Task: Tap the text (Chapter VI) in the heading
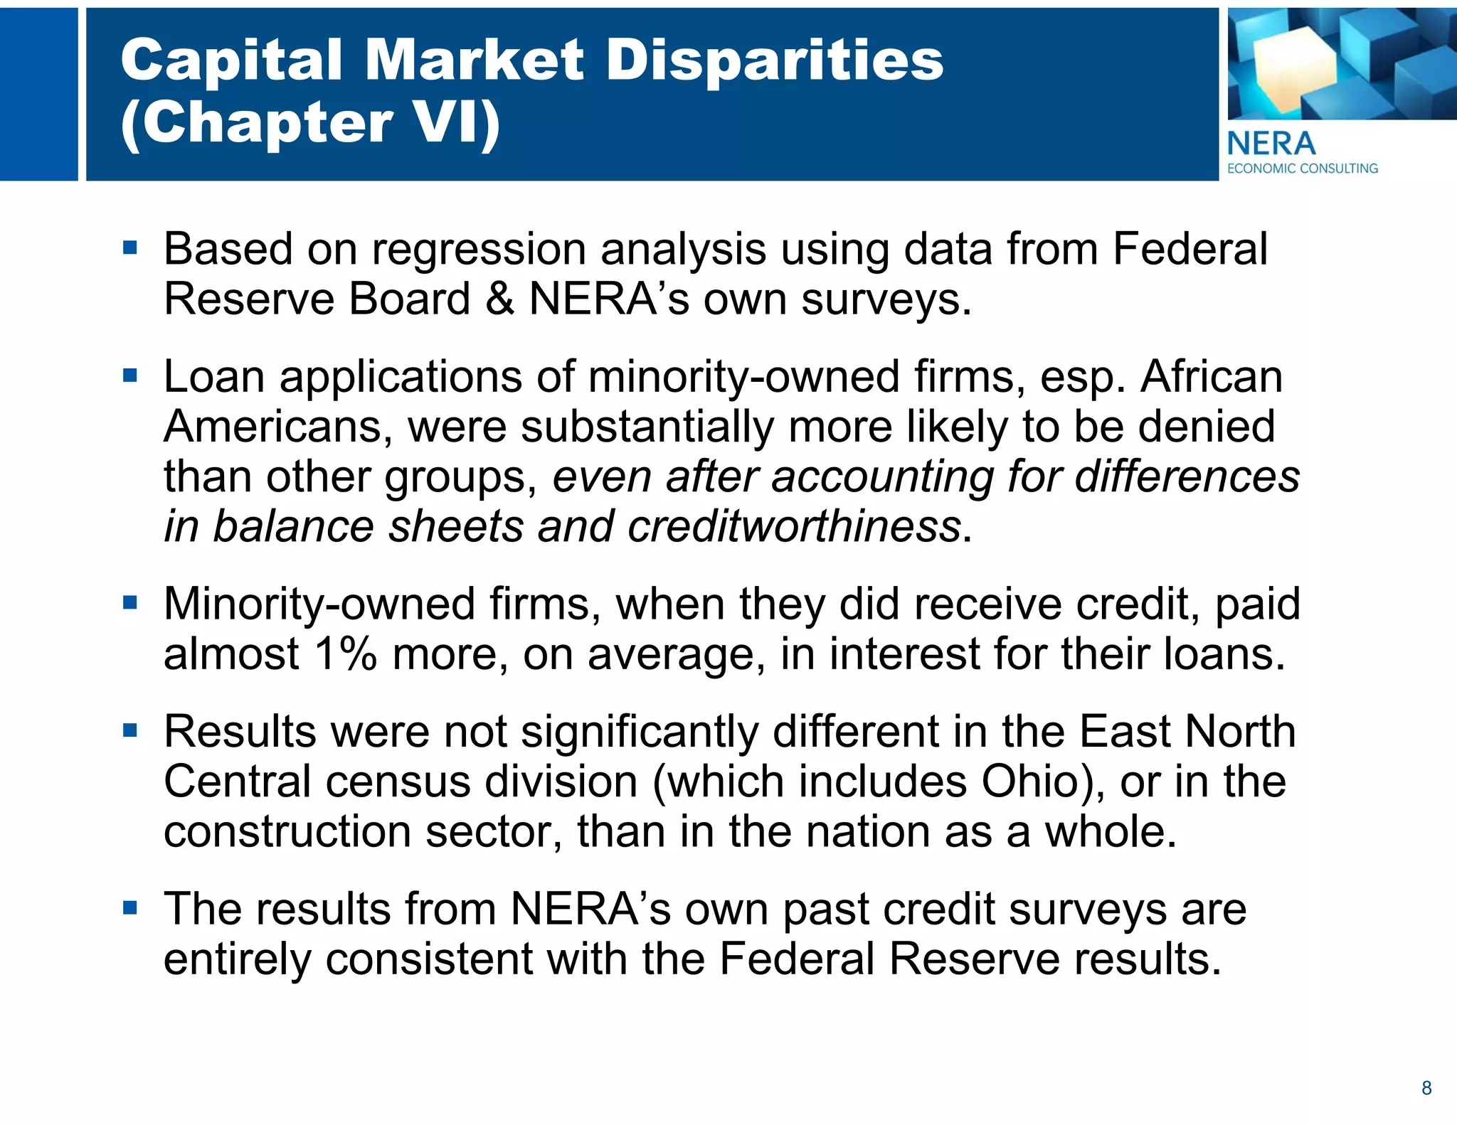pyautogui.click(x=310, y=122)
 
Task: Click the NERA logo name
pyautogui.click(x=1271, y=144)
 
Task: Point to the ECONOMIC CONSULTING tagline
pyautogui.click(x=1303, y=169)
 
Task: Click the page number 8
pyautogui.click(x=1426, y=1088)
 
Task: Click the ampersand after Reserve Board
pyautogui.click(x=500, y=299)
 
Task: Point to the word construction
pyautogui.click(x=287, y=831)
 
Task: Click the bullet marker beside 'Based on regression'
pyautogui.click(x=129, y=248)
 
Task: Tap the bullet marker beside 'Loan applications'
pyautogui.click(x=129, y=375)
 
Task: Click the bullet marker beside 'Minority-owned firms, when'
pyautogui.click(x=129, y=603)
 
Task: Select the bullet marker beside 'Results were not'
pyautogui.click(x=129, y=731)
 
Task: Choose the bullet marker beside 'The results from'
pyautogui.click(x=129, y=908)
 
